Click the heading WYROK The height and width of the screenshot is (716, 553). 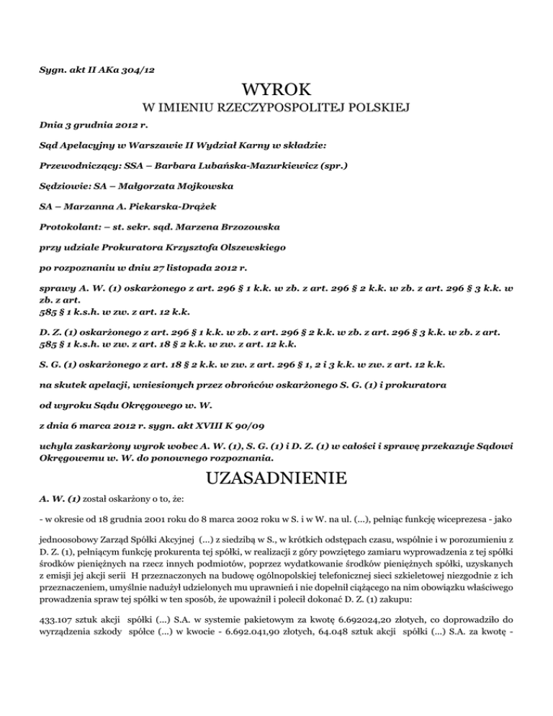click(x=276, y=90)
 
